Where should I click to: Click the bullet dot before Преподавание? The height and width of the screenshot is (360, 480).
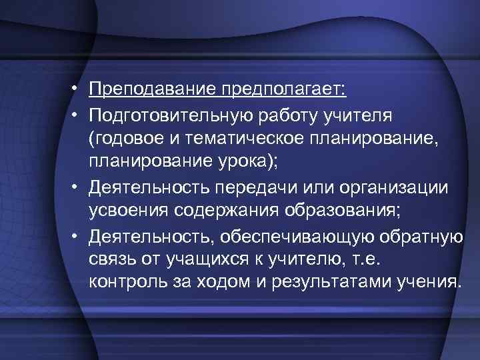tap(78, 89)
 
